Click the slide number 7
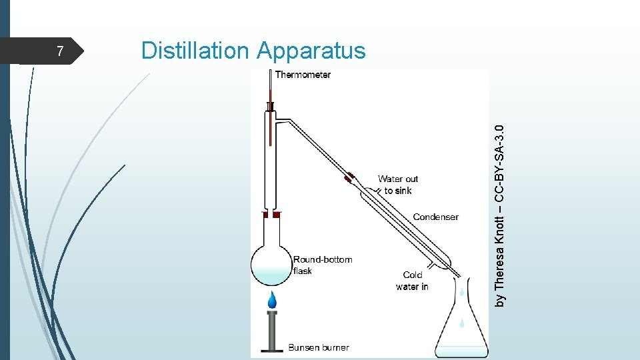tap(60, 51)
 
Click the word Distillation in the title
tap(195, 50)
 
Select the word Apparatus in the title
tap(311, 51)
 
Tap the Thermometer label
tap(303, 75)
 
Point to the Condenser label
tap(435, 217)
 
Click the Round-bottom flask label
tap(322, 265)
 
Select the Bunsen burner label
tap(318, 347)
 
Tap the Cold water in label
tap(412, 281)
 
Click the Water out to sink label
tap(398, 184)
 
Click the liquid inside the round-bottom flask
tap(271, 274)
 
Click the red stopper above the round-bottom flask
tap(271, 215)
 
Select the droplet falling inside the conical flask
tap(461, 324)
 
